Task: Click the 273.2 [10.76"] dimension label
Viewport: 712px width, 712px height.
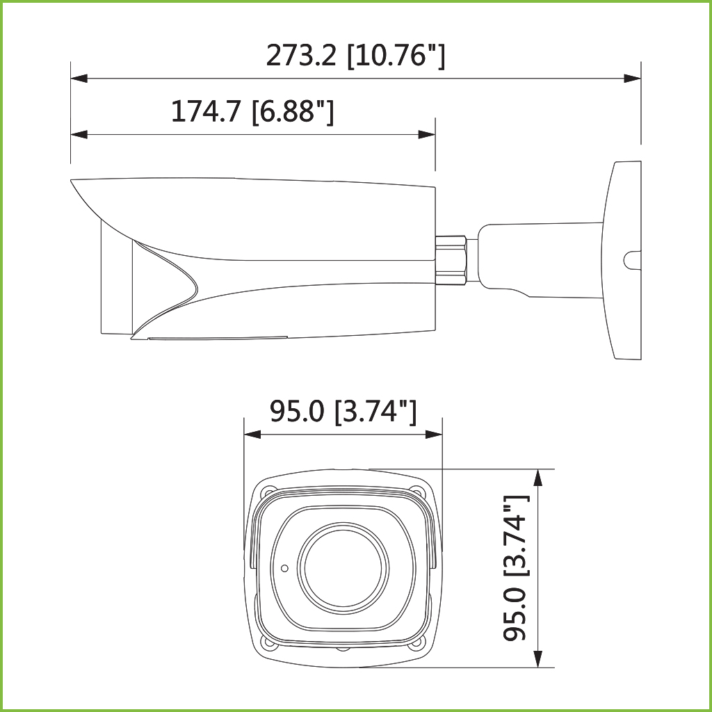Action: [x=355, y=56]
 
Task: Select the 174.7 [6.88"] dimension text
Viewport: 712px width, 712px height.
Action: [x=252, y=112]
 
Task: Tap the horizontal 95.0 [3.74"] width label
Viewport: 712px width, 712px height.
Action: [x=343, y=412]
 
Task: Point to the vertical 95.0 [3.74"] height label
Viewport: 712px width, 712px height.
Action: [x=516, y=567]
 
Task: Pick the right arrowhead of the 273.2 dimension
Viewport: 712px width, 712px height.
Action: [x=632, y=79]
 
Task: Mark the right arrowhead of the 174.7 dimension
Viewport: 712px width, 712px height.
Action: [x=426, y=134]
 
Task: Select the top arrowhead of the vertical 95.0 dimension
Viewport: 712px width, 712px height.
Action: [x=537, y=477]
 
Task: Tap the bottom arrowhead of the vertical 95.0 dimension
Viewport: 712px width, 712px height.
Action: [x=537, y=659]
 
